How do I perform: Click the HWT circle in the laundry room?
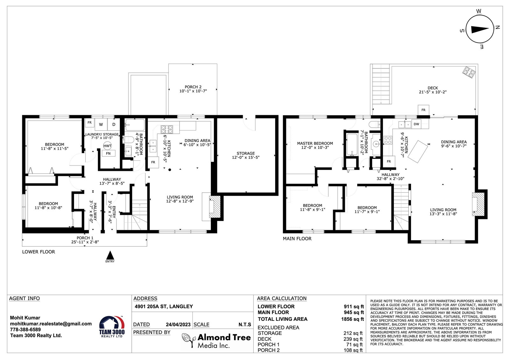[x=108, y=146]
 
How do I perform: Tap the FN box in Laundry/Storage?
[x=108, y=153]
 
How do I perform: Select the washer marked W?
[x=101, y=124]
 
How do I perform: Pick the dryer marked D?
[x=114, y=124]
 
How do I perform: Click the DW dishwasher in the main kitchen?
[x=416, y=124]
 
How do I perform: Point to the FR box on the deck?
[x=423, y=110]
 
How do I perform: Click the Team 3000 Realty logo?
[x=112, y=327]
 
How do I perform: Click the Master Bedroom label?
[x=315, y=143]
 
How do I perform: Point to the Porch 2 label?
[x=193, y=87]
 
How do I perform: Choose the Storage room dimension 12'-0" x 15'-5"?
[x=246, y=157]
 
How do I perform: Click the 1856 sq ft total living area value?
[x=352, y=319]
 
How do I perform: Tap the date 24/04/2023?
[x=178, y=325]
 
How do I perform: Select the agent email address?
[x=51, y=324]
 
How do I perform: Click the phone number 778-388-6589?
[x=25, y=329]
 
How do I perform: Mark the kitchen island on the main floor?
[x=418, y=152]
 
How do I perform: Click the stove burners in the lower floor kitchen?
[x=167, y=130]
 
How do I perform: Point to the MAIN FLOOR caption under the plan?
[x=297, y=238]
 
